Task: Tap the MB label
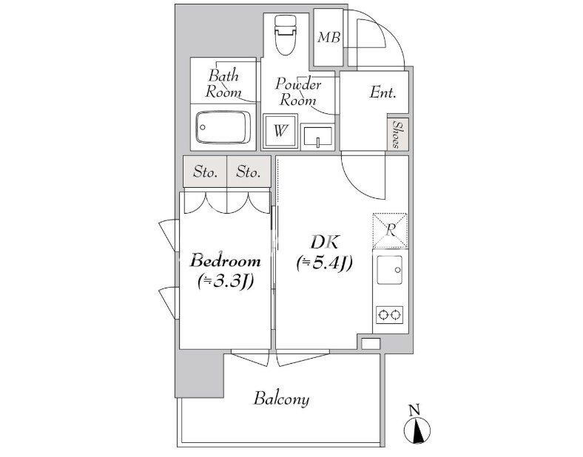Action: [x=329, y=37]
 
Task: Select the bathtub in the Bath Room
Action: [x=223, y=127]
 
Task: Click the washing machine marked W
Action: [x=280, y=130]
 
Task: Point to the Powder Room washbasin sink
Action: [x=318, y=136]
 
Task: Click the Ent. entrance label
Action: [x=383, y=92]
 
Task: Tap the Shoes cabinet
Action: [x=398, y=134]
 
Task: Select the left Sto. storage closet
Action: [x=205, y=172]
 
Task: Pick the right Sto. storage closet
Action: [x=249, y=172]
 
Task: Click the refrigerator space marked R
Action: [x=391, y=231]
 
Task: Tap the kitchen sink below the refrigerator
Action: [x=390, y=270]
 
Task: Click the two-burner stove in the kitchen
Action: [x=389, y=315]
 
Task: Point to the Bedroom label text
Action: [x=226, y=261]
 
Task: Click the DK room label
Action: [x=325, y=243]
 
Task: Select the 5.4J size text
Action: [x=325, y=263]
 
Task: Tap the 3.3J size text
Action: [x=226, y=281]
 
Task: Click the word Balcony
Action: [x=281, y=399]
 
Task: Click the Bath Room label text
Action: [x=223, y=84]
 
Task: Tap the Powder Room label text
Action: [x=298, y=92]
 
